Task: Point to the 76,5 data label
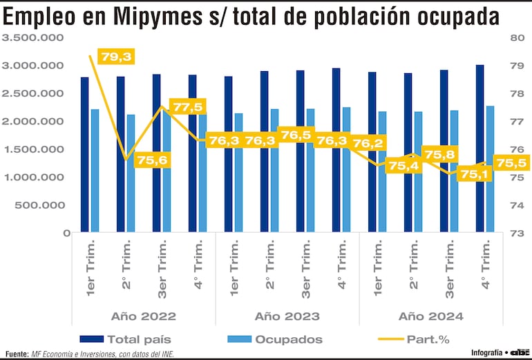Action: pos(296,135)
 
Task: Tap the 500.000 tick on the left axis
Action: pos(42,205)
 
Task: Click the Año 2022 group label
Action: pos(143,316)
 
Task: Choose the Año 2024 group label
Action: pos(430,316)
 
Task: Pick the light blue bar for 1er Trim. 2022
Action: pos(95,170)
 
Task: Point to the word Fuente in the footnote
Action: pos(17,354)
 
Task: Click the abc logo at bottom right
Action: pos(518,353)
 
